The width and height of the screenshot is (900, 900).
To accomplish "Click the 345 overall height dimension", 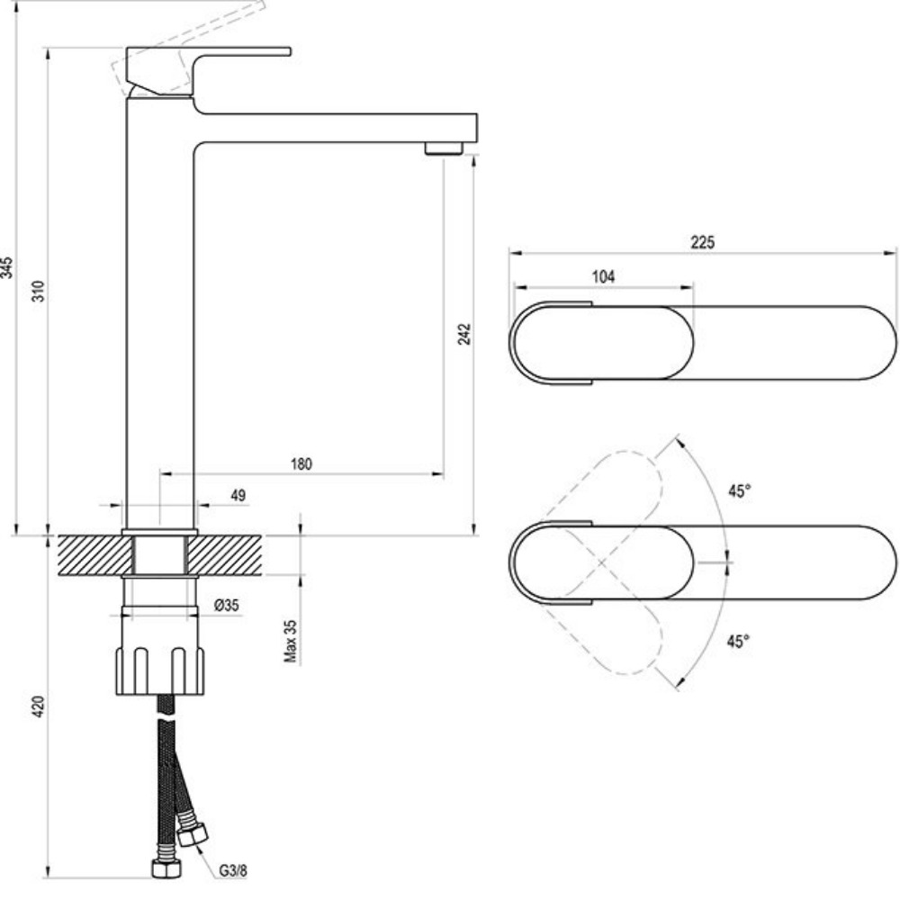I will (x=7, y=267).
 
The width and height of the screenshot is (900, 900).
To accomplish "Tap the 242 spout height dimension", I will (x=464, y=335).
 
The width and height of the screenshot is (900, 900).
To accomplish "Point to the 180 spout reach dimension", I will (x=301, y=464).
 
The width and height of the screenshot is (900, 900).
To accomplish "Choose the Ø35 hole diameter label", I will (x=227, y=606).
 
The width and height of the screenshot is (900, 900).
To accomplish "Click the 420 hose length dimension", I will (x=39, y=707).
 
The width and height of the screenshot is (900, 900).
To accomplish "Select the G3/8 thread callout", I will (x=233, y=871).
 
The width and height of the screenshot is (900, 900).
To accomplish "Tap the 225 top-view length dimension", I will (x=702, y=241).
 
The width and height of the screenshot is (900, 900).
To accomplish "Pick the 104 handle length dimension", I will (x=603, y=277).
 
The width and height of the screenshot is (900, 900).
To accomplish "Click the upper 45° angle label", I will (x=739, y=490).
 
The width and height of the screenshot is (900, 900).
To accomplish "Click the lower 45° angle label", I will (x=739, y=641).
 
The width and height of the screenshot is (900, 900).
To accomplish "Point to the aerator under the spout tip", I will (x=444, y=148).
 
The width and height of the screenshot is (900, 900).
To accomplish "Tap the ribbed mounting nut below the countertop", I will (x=162, y=670).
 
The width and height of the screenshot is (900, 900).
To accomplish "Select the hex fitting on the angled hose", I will (x=192, y=834).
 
